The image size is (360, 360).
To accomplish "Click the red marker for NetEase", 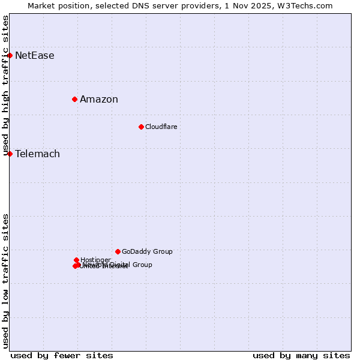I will [10, 55].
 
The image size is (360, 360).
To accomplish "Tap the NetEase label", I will [35, 56].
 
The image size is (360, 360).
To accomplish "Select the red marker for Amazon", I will [74, 99].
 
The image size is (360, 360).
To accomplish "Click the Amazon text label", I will [99, 100].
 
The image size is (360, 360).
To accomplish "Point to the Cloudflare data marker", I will [141, 127].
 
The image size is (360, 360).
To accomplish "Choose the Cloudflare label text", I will [161, 127].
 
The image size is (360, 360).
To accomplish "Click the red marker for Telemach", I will [10, 154].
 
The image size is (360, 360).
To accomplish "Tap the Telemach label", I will [37, 154].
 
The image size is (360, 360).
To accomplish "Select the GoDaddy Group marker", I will [118, 251].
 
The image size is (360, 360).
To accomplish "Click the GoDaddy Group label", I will [147, 252].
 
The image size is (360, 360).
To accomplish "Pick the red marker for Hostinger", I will [76, 260].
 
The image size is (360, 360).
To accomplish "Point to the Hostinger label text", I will [95, 260].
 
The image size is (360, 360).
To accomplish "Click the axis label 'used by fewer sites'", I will [62, 355].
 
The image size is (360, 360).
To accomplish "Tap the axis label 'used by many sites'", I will [301, 355].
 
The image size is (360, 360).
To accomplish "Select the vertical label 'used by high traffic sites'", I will [5, 86].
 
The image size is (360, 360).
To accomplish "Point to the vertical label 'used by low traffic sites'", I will [5, 281].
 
